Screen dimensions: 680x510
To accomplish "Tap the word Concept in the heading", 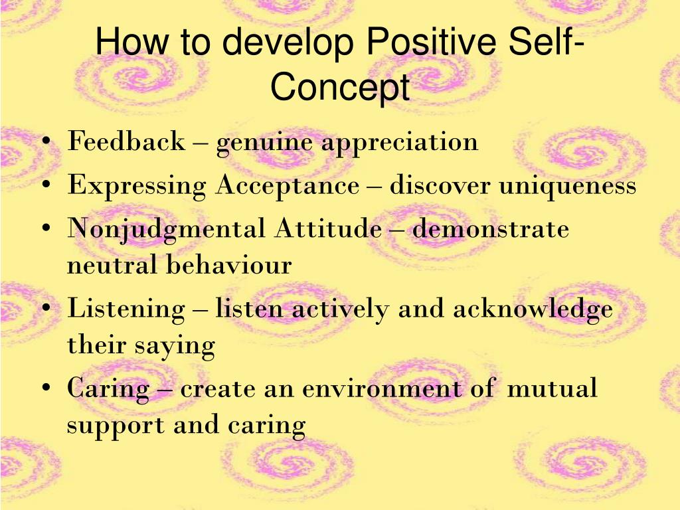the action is tap(340, 89).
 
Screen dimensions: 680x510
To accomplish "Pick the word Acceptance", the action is tap(288, 187).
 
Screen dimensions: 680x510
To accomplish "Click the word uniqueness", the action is tap(568, 187).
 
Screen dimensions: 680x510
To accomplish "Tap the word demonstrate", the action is tap(491, 228).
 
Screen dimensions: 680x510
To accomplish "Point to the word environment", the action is tap(382, 388).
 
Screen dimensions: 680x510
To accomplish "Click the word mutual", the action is tap(552, 387).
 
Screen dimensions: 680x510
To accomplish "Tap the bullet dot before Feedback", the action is tap(46, 141).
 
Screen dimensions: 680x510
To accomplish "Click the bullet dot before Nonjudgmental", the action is tap(46, 228).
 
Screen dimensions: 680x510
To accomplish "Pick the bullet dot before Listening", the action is tap(46, 308).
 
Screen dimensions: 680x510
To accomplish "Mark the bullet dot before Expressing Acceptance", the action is tap(46, 185).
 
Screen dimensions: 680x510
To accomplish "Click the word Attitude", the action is tap(328, 228).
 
